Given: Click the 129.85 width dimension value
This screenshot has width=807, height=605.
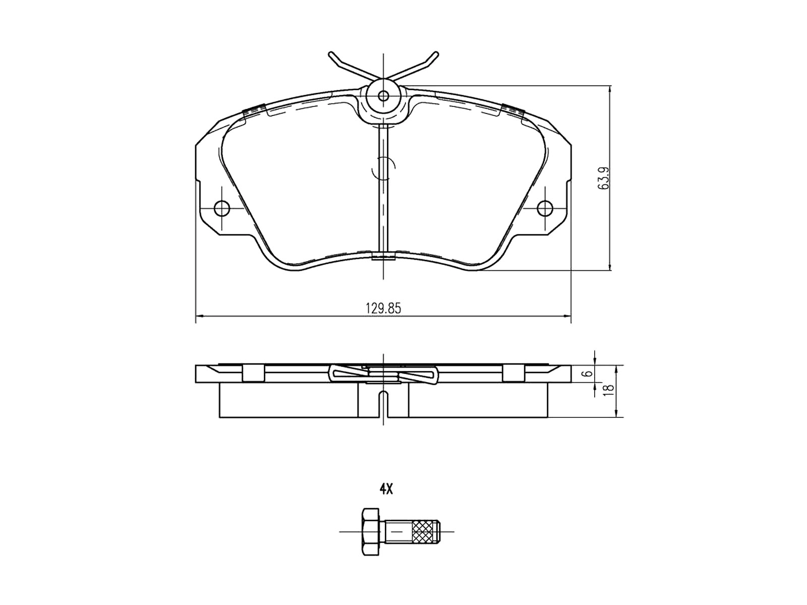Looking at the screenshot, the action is (x=383, y=308).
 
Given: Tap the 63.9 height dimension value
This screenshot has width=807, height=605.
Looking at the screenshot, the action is (x=603, y=178).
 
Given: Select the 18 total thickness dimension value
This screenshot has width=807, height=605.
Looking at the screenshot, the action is (x=609, y=389).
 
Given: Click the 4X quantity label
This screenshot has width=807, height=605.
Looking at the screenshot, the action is (x=386, y=489).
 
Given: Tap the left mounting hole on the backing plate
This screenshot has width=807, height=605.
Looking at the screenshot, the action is (x=222, y=209).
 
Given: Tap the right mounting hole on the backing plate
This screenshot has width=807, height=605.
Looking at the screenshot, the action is (x=545, y=209).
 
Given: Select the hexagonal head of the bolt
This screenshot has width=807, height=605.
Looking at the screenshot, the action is (x=371, y=532).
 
